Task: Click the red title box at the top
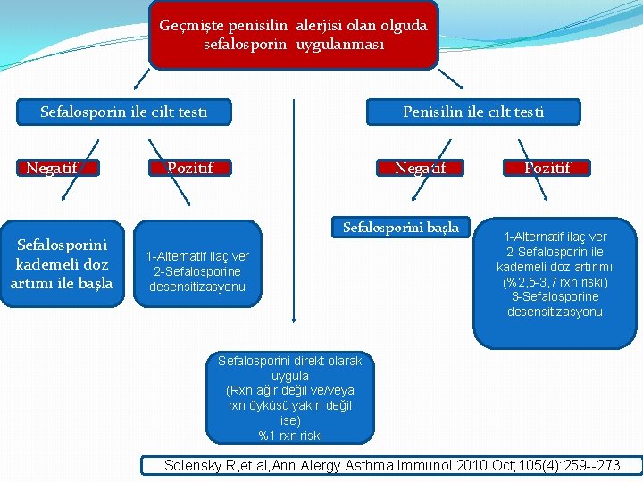293,35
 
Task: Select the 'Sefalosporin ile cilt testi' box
124,112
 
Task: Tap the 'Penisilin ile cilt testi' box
472,112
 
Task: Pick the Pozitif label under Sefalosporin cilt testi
190,167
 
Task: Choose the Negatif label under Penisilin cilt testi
421,167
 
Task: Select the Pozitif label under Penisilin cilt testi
547,167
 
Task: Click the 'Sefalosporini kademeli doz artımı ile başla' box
62,263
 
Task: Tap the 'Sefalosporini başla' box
400,228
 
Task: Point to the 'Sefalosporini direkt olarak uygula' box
290,398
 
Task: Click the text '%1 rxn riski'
290,436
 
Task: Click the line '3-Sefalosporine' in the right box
554,296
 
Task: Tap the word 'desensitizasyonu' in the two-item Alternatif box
197,287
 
